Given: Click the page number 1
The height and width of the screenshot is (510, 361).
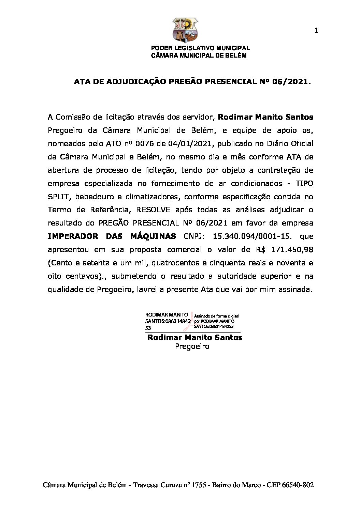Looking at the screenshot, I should click(x=316, y=31).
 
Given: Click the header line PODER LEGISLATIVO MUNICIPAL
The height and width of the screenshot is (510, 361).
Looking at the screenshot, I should click(x=200, y=48).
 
